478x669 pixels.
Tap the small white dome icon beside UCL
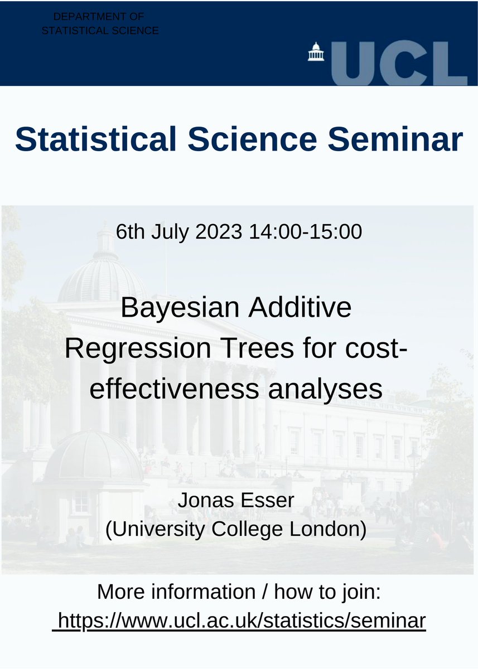point(316,52)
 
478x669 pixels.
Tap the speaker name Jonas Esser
point(235,501)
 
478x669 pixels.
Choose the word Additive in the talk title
point(299,308)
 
